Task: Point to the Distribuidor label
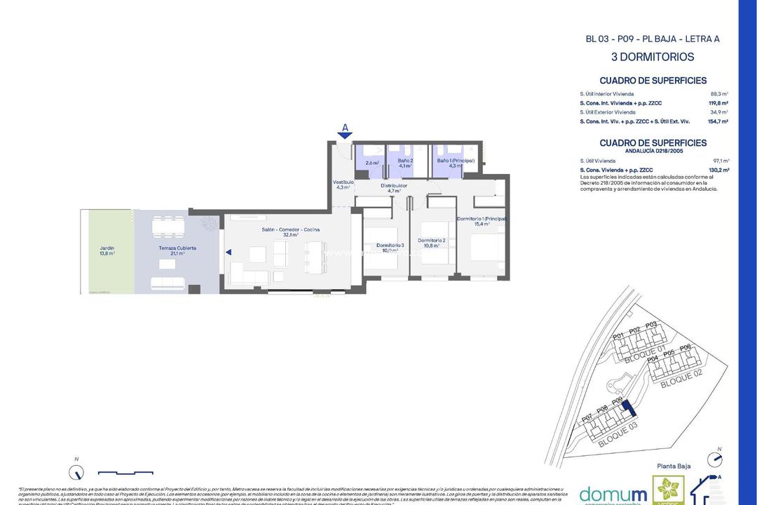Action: [x=393, y=187]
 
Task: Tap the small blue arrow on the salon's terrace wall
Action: [x=228, y=252]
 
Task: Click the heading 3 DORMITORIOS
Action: [x=652, y=57]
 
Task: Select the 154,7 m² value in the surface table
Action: [x=718, y=121]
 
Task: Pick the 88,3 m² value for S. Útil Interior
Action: [x=719, y=93]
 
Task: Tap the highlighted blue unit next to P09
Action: [x=628, y=408]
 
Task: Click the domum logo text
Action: [x=613, y=493]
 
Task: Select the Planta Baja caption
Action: [x=674, y=466]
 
